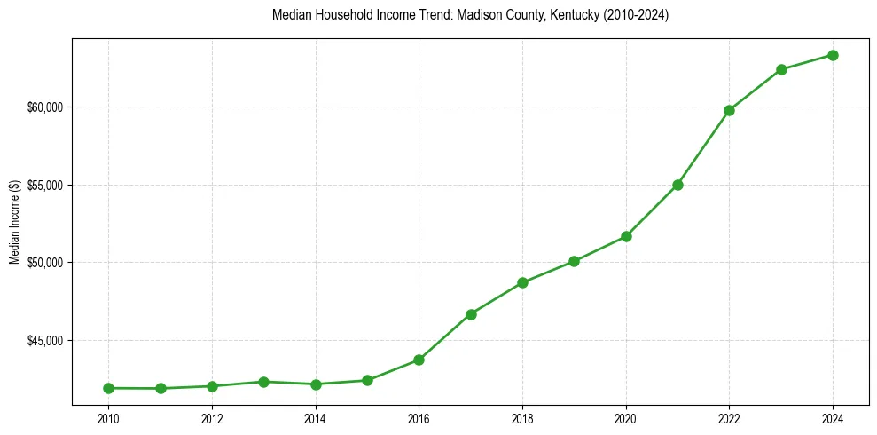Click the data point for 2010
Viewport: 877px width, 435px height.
(108, 388)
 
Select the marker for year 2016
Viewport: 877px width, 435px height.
(419, 360)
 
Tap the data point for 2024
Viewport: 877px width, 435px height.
(834, 55)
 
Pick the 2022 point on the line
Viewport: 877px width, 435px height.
(730, 110)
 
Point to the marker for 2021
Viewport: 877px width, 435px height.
(677, 185)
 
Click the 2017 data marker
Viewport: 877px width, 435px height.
(471, 314)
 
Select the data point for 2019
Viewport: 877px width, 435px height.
(574, 261)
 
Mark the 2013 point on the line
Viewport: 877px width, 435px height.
(263, 382)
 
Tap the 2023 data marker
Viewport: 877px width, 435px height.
(781, 69)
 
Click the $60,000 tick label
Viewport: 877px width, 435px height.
(47, 107)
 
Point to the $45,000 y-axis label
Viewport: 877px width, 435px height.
(47, 341)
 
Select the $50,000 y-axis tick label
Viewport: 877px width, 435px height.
(47, 263)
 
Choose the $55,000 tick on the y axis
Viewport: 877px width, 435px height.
(47, 186)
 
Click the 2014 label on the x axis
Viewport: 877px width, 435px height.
(315, 418)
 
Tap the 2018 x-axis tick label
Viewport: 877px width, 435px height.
(522, 418)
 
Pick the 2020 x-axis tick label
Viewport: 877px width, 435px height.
(626, 418)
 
